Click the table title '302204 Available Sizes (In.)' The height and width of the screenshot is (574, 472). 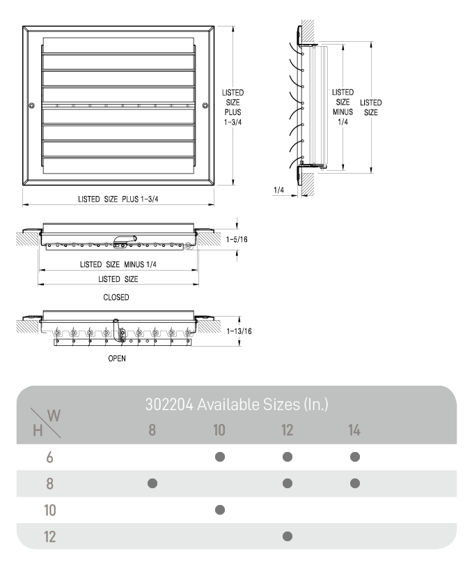coord(237,404)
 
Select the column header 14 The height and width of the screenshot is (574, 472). coord(354,430)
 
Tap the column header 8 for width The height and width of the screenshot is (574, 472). coord(152,430)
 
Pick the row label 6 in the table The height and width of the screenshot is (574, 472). coord(49,458)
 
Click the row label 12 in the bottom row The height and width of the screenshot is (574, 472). coord(49,536)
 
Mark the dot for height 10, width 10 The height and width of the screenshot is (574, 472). coord(220,510)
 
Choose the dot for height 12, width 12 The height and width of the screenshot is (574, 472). coord(288,536)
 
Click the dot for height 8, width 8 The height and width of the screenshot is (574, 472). coord(152,483)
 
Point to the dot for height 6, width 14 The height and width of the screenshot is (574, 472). coord(355,457)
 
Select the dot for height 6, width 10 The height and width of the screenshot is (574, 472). coord(220,457)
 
